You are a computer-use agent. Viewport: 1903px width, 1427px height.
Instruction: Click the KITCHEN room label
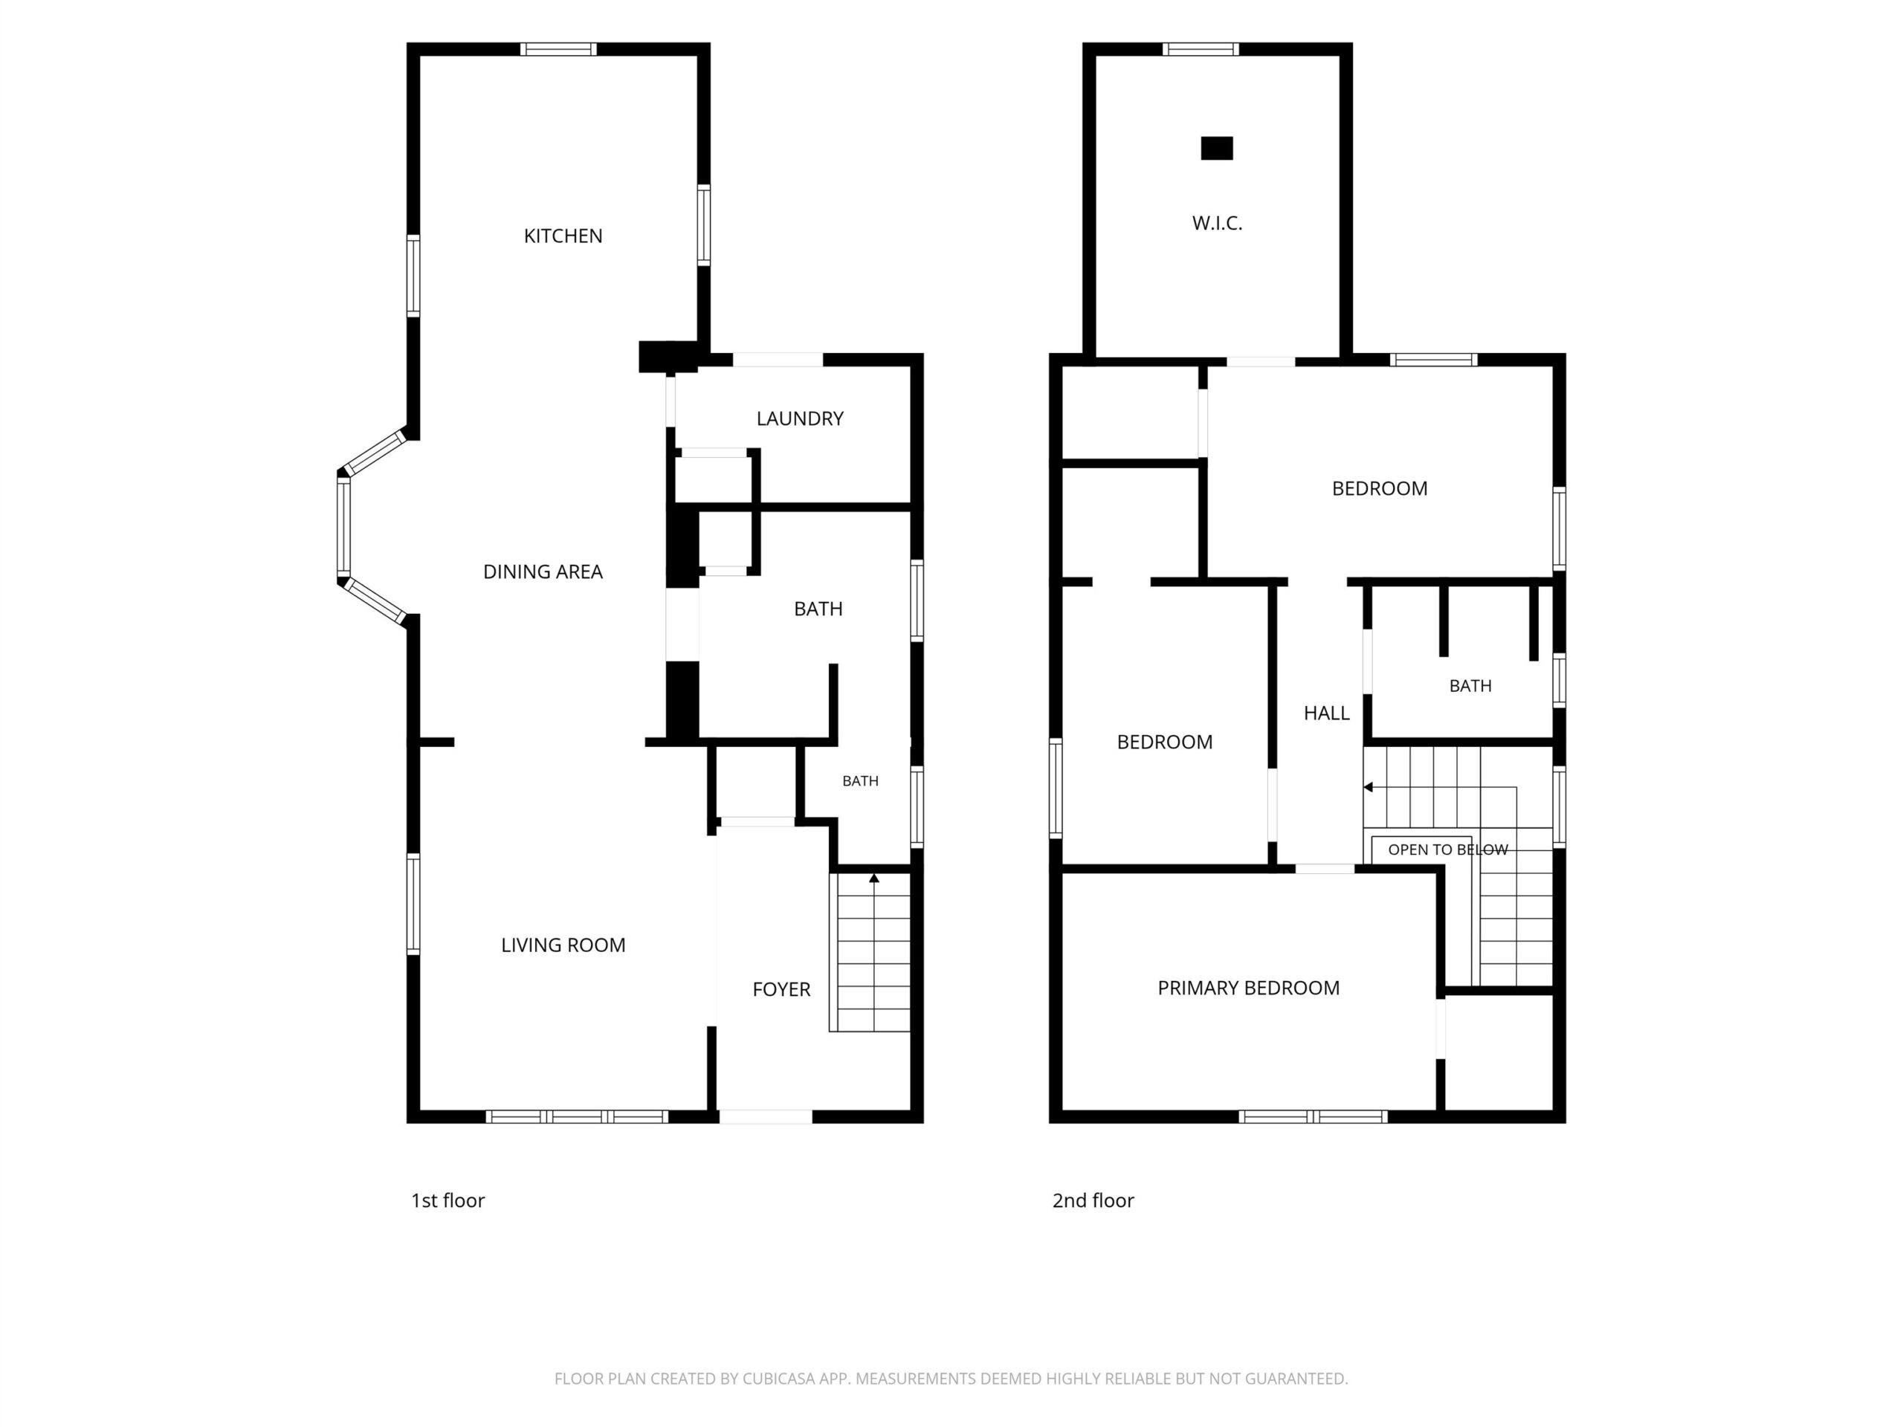click(563, 236)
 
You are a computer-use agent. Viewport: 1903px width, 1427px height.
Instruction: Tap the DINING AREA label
click(543, 571)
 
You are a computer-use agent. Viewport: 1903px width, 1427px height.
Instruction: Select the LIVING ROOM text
click(563, 945)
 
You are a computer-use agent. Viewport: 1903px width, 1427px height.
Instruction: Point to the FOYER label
click(781, 989)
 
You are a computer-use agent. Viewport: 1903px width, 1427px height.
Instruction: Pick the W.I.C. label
click(1218, 223)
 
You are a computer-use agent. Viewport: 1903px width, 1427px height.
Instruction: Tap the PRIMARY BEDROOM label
click(1248, 988)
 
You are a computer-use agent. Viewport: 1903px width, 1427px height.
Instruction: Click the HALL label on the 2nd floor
click(1327, 712)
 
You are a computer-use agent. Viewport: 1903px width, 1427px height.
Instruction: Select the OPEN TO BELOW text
click(1448, 849)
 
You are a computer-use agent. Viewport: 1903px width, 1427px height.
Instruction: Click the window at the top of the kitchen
click(558, 49)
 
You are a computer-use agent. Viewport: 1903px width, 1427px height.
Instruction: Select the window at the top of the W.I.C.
click(1201, 49)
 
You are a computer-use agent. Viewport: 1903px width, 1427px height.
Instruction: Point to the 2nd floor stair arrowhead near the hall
click(1368, 787)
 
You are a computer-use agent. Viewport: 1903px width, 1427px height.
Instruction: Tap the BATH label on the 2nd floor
click(1470, 685)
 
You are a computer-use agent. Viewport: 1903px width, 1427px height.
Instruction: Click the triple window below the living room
click(578, 1116)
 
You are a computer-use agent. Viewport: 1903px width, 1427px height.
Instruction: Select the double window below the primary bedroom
click(1313, 1116)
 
